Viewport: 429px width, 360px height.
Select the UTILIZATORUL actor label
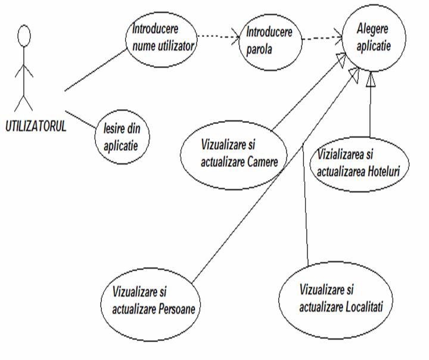point(35,127)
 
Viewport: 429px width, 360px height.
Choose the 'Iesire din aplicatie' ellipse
point(122,136)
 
